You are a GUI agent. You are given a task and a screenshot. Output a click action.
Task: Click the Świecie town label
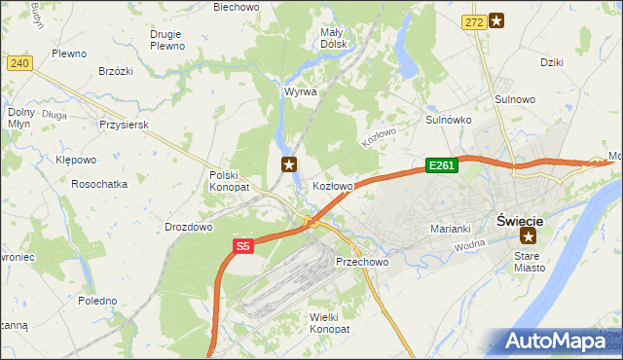coord(526,219)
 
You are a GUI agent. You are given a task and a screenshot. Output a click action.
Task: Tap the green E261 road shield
coord(440,166)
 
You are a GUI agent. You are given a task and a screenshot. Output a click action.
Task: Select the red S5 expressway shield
coord(242,248)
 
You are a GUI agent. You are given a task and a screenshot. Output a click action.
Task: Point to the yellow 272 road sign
coord(473,20)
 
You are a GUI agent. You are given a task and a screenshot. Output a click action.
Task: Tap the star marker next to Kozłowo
coord(289,164)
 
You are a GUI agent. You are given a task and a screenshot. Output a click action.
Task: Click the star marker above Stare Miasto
coord(529,236)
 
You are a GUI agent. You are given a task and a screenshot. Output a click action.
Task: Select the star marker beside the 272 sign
coord(496,19)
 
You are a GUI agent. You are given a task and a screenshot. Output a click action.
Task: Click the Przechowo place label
coord(362,263)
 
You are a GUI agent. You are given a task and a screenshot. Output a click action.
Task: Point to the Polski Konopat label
coord(230,180)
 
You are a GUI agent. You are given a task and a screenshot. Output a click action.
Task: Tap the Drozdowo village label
coord(189,227)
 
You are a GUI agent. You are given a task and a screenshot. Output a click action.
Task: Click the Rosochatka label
coord(99,184)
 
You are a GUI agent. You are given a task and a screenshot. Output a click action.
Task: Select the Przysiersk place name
coord(123,126)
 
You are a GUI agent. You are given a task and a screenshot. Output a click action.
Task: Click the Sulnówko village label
coord(449,120)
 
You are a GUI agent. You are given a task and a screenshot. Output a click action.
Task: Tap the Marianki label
coord(451,229)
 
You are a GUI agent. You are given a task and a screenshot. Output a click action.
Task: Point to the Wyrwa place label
coord(300,91)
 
